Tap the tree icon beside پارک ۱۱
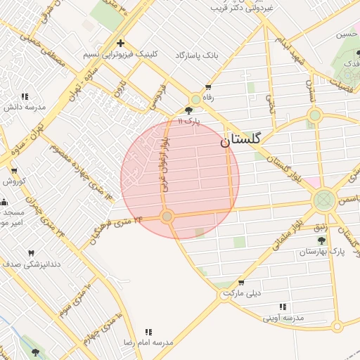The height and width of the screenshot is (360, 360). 189,110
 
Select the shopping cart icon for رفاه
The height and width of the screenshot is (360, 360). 208,87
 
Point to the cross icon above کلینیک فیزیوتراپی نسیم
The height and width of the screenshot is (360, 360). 120,44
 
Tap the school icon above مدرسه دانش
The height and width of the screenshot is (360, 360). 25,96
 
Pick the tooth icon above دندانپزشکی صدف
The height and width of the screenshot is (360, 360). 31,253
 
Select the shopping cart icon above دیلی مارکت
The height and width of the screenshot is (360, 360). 227,281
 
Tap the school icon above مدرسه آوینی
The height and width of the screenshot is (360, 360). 283,307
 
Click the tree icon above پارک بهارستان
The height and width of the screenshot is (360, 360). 322,240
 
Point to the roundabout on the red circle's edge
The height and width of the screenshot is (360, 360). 167,217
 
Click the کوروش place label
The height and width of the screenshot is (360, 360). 14,181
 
